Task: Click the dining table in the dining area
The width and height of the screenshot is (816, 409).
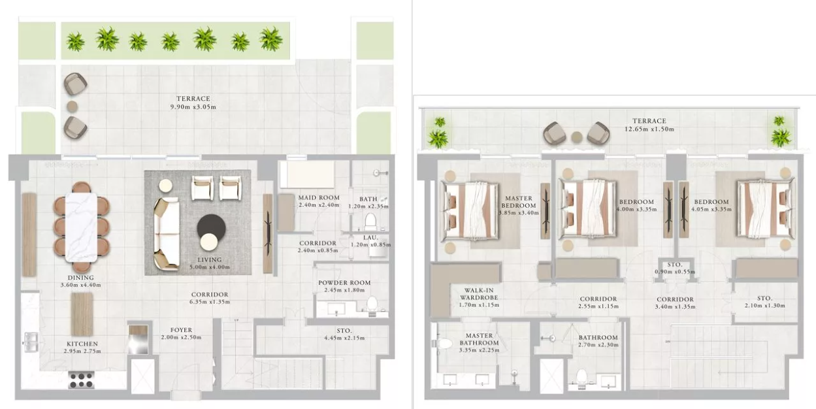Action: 81,227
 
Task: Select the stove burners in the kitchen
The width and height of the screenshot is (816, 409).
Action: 81,380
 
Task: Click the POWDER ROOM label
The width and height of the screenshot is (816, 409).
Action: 344,283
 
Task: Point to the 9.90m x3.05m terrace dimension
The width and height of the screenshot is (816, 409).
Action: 193,107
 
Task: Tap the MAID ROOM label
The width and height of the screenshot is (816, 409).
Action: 319,197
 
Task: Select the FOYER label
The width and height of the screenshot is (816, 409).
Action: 181,330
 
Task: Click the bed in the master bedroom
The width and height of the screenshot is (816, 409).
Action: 470,211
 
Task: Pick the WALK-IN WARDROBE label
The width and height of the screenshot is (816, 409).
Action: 479,294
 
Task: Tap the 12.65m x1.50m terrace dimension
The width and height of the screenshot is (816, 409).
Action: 649,129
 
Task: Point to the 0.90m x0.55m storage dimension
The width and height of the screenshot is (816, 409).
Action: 675,272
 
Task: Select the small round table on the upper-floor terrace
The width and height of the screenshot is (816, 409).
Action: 577,137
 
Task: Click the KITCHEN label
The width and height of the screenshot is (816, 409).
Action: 82,344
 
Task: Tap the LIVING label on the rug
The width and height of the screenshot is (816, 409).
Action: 210,259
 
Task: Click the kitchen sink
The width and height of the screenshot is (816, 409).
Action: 31,342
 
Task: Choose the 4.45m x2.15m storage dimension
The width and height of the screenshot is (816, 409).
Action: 344,338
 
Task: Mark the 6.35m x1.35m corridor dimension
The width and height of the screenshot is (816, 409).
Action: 210,302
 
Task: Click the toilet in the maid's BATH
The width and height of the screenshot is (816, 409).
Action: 370,221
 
